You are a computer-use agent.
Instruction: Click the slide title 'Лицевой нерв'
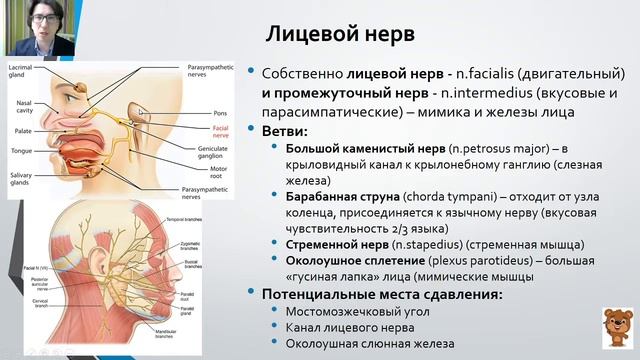click(340, 32)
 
